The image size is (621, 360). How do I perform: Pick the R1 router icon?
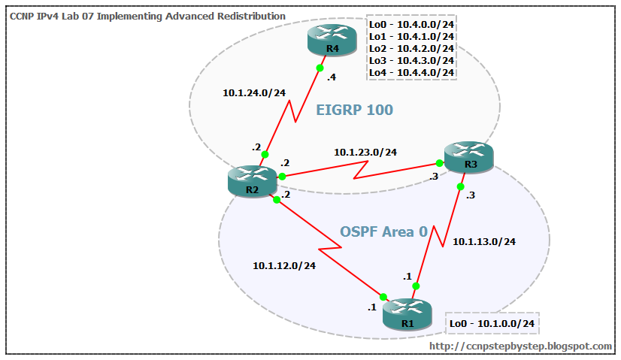[407, 314]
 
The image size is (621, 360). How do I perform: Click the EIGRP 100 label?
[354, 110]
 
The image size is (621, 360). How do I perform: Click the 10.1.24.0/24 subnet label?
[254, 93]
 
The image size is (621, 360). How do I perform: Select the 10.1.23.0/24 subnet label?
[365, 152]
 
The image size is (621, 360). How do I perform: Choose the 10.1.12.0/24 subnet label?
[284, 265]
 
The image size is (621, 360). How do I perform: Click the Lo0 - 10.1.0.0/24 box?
[492, 323]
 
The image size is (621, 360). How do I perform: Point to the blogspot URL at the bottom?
[520, 346]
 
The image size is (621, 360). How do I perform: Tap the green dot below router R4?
[320, 68]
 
